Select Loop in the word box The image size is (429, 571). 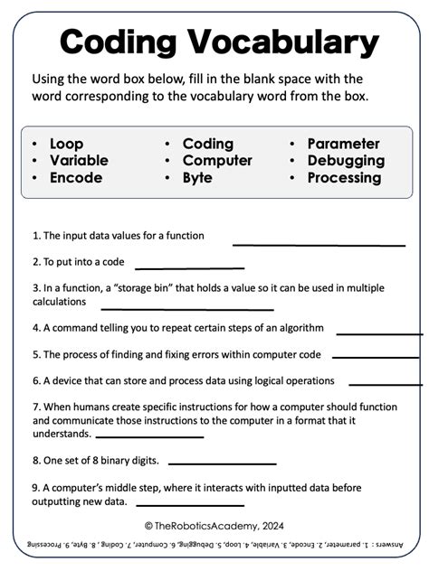(x=66, y=144)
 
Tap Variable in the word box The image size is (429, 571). (x=79, y=161)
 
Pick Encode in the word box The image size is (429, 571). (x=76, y=178)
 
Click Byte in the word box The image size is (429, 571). (x=197, y=178)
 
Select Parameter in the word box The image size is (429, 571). (x=343, y=144)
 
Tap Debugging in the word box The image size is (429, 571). (x=346, y=161)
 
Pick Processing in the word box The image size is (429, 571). (x=344, y=178)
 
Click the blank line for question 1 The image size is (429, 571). (x=319, y=244)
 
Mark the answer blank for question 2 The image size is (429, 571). (x=189, y=267)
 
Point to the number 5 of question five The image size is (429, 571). (x=35, y=355)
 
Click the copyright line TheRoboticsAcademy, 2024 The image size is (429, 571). (x=214, y=525)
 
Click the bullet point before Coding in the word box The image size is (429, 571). (x=168, y=145)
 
